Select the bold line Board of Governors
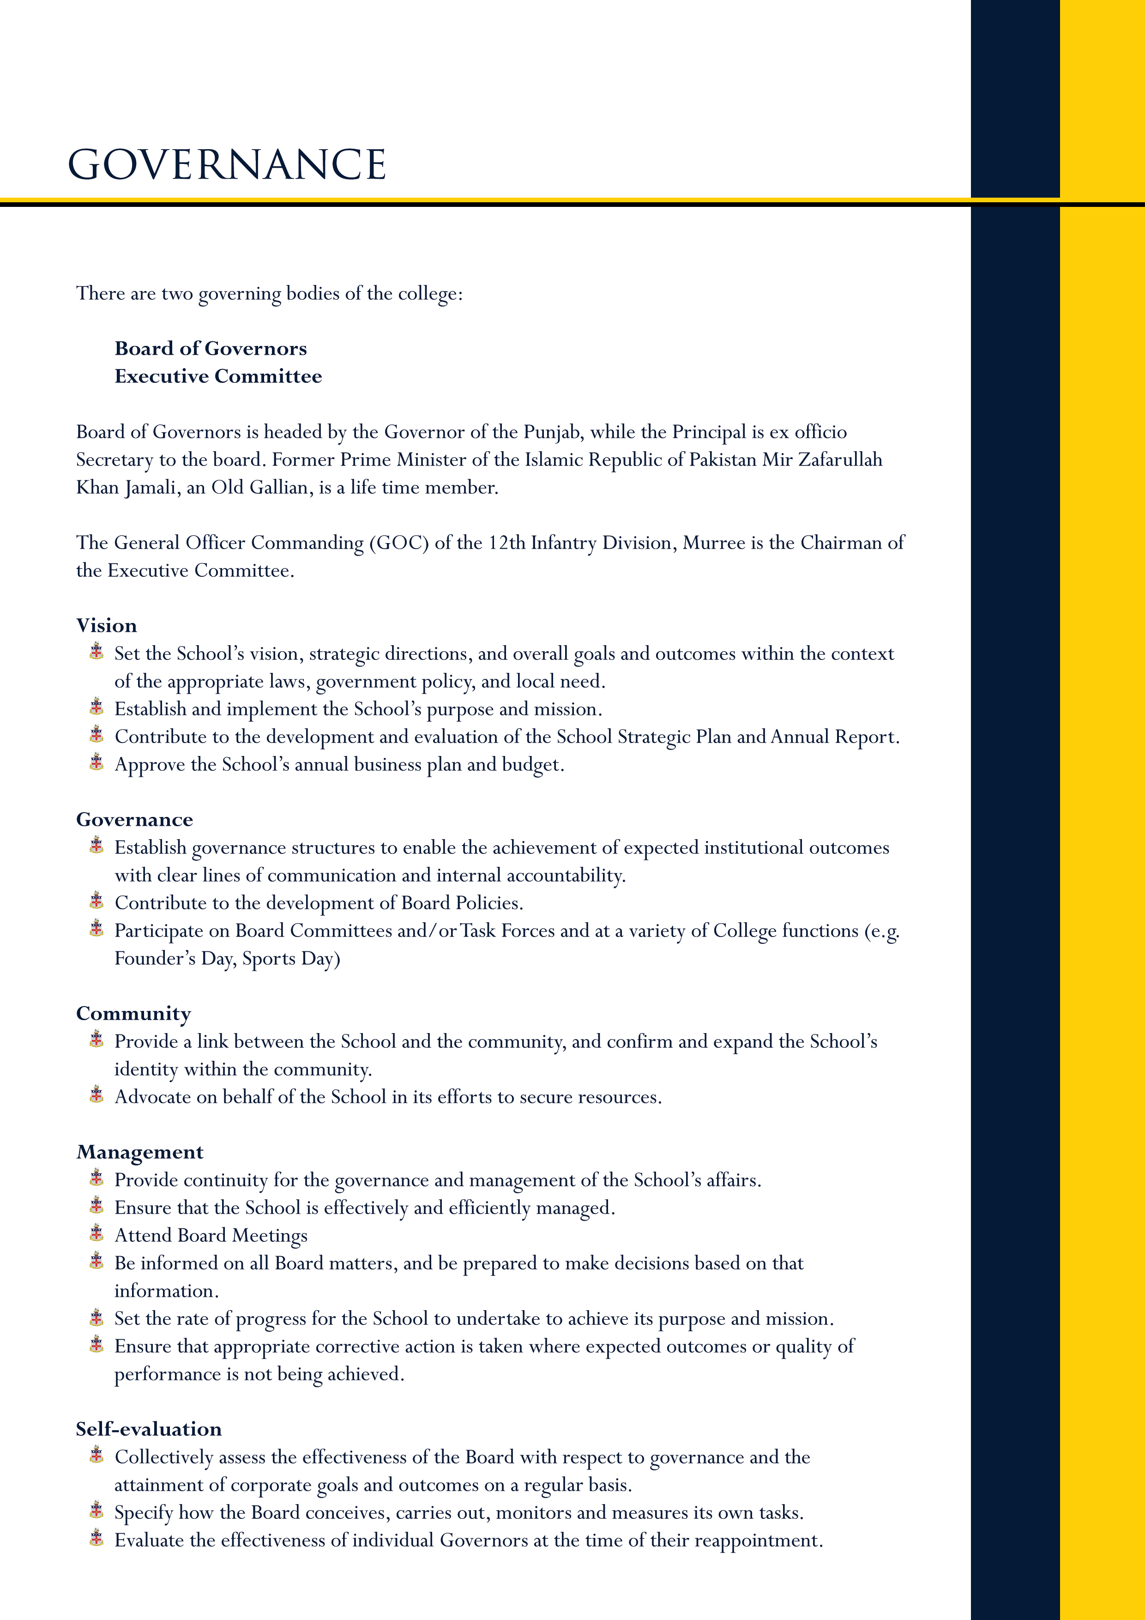(210, 349)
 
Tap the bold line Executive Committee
(218, 376)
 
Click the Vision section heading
(107, 626)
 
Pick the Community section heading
(133, 1014)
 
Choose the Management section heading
(140, 1152)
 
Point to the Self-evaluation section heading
(149, 1429)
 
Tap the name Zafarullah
(840, 460)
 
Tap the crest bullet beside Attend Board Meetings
(96, 1234)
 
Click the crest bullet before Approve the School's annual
(96, 763)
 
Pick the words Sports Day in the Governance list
(291, 959)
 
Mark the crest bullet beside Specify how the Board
(96, 1511)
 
